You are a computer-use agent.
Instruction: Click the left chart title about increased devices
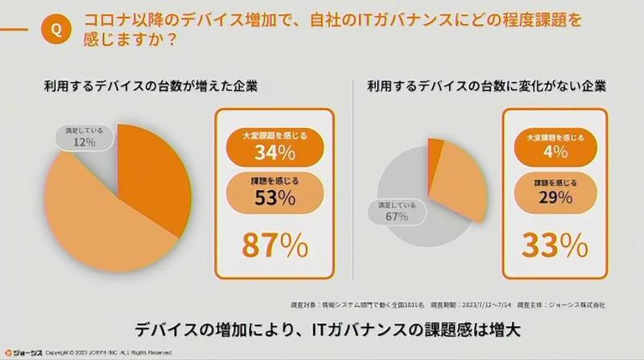[156, 85]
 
